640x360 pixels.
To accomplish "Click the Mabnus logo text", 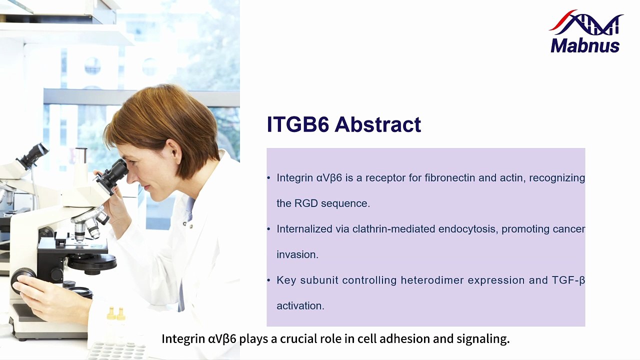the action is (585, 45).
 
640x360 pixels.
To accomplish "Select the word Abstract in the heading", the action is (377, 124).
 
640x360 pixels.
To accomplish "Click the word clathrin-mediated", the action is (393, 229).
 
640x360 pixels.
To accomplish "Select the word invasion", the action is (297, 254).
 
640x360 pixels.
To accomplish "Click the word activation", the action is (300, 305).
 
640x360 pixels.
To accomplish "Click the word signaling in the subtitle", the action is (483, 339).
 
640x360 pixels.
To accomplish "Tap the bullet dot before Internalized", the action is (268, 229).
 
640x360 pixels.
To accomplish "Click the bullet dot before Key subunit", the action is (268, 280).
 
